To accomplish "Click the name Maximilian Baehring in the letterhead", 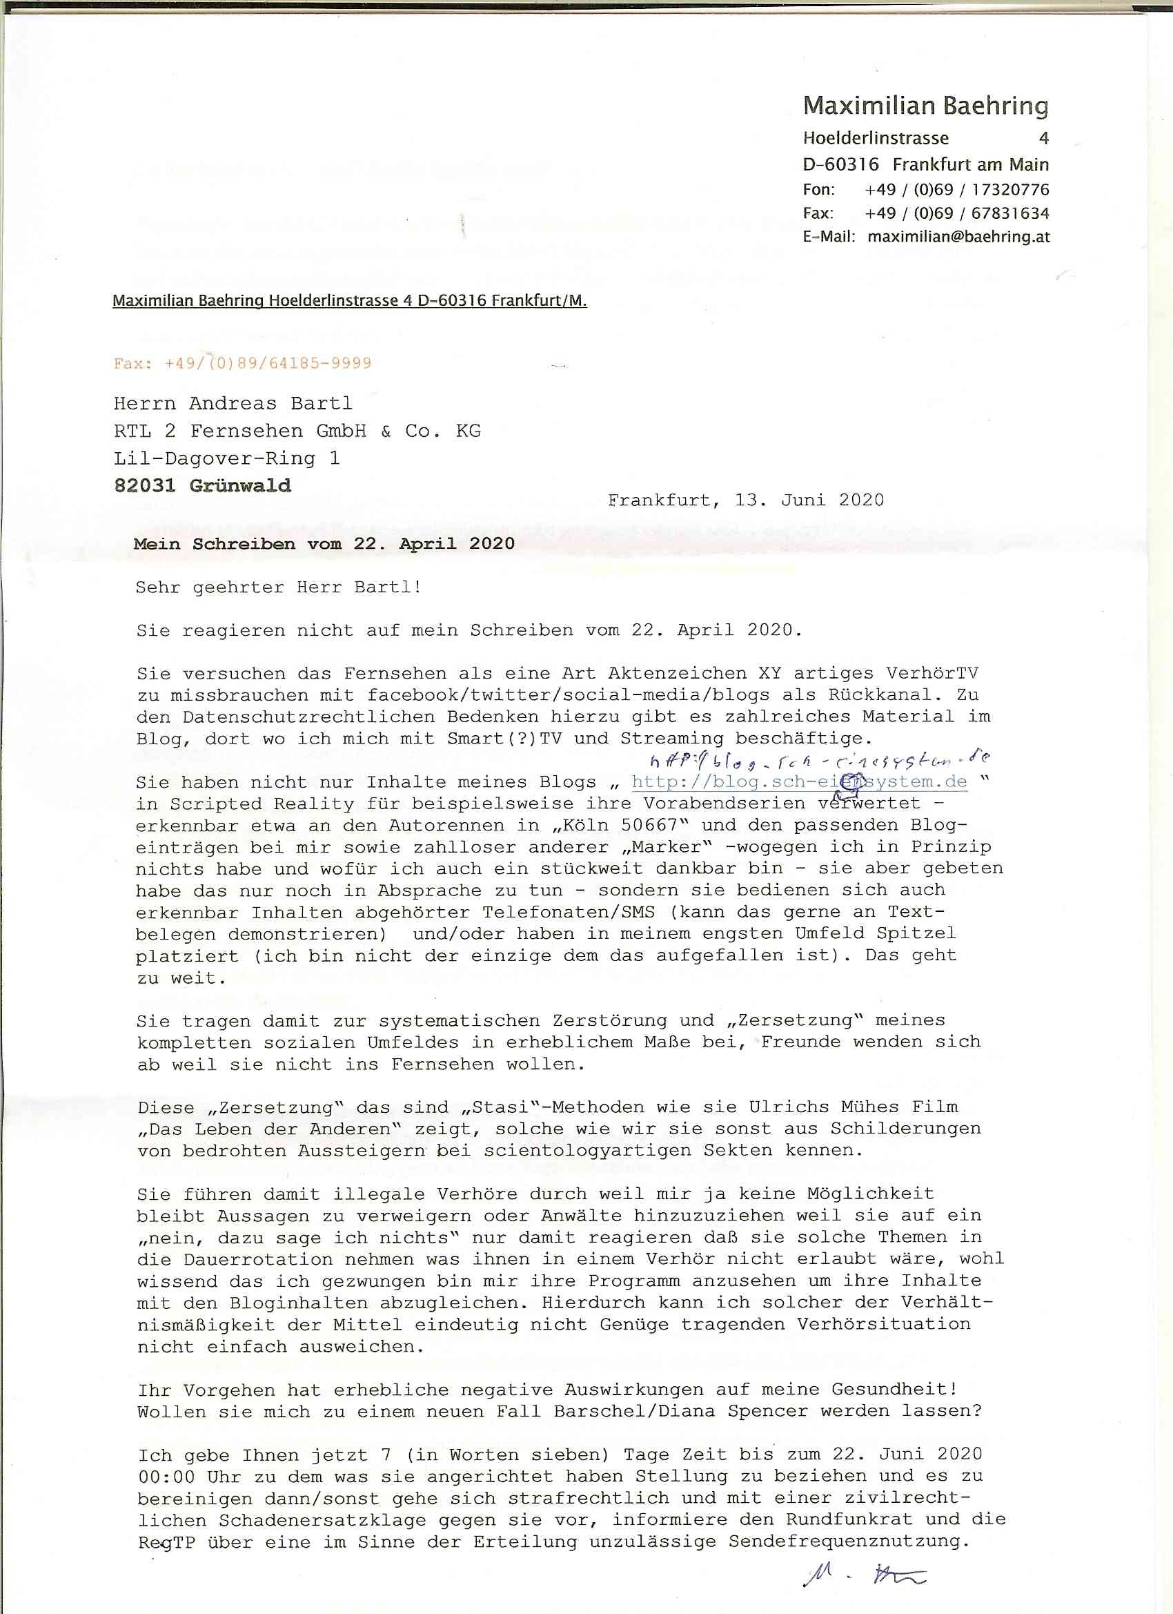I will pyautogui.click(x=925, y=106).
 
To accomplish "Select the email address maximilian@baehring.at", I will pyautogui.click(x=958, y=237).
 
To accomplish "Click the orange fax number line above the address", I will pyautogui.click(x=242, y=363).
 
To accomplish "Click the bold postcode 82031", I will pyautogui.click(x=144, y=486).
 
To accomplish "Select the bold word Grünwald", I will pyautogui.click(x=239, y=486).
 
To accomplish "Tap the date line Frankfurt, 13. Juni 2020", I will pyautogui.click(x=745, y=500).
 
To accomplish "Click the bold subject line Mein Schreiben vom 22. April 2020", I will pyautogui.click(x=324, y=545).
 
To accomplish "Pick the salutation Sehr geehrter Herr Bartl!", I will pyautogui.click(x=279, y=587).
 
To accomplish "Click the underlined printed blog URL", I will pyautogui.click(x=799, y=782).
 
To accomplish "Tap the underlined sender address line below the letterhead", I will pyautogui.click(x=349, y=301).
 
